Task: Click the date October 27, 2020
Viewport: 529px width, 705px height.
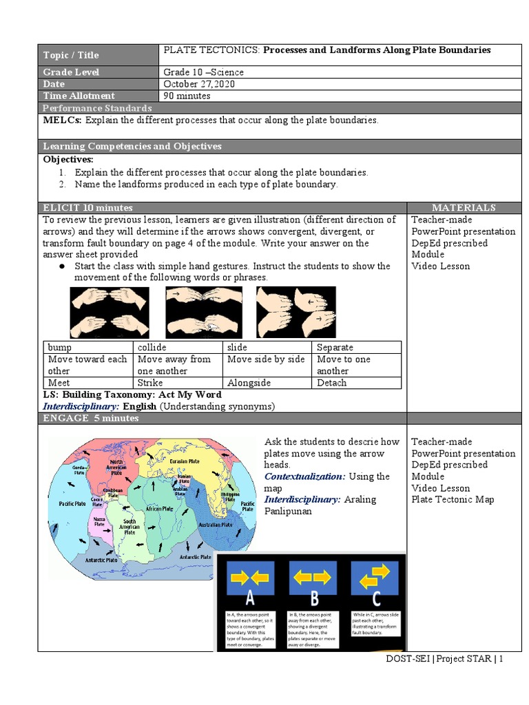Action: [198, 84]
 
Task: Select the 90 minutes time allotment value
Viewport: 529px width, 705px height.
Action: [187, 96]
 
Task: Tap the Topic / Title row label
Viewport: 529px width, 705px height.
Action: [71, 55]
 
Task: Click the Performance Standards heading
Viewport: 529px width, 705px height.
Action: [97, 108]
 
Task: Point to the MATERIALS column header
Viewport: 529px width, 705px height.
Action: [463, 207]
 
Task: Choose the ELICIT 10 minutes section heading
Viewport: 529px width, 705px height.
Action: [88, 207]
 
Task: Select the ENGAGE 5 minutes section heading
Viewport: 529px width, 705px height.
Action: [91, 418]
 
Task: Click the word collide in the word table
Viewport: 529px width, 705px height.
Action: [152, 348]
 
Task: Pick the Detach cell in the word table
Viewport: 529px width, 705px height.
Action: [332, 383]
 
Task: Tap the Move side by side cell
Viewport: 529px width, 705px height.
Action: [266, 359]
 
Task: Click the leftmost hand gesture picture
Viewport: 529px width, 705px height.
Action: [110, 312]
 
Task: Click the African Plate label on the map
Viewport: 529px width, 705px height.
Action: [158, 508]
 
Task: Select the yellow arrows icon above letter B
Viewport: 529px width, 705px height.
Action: [312, 578]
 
